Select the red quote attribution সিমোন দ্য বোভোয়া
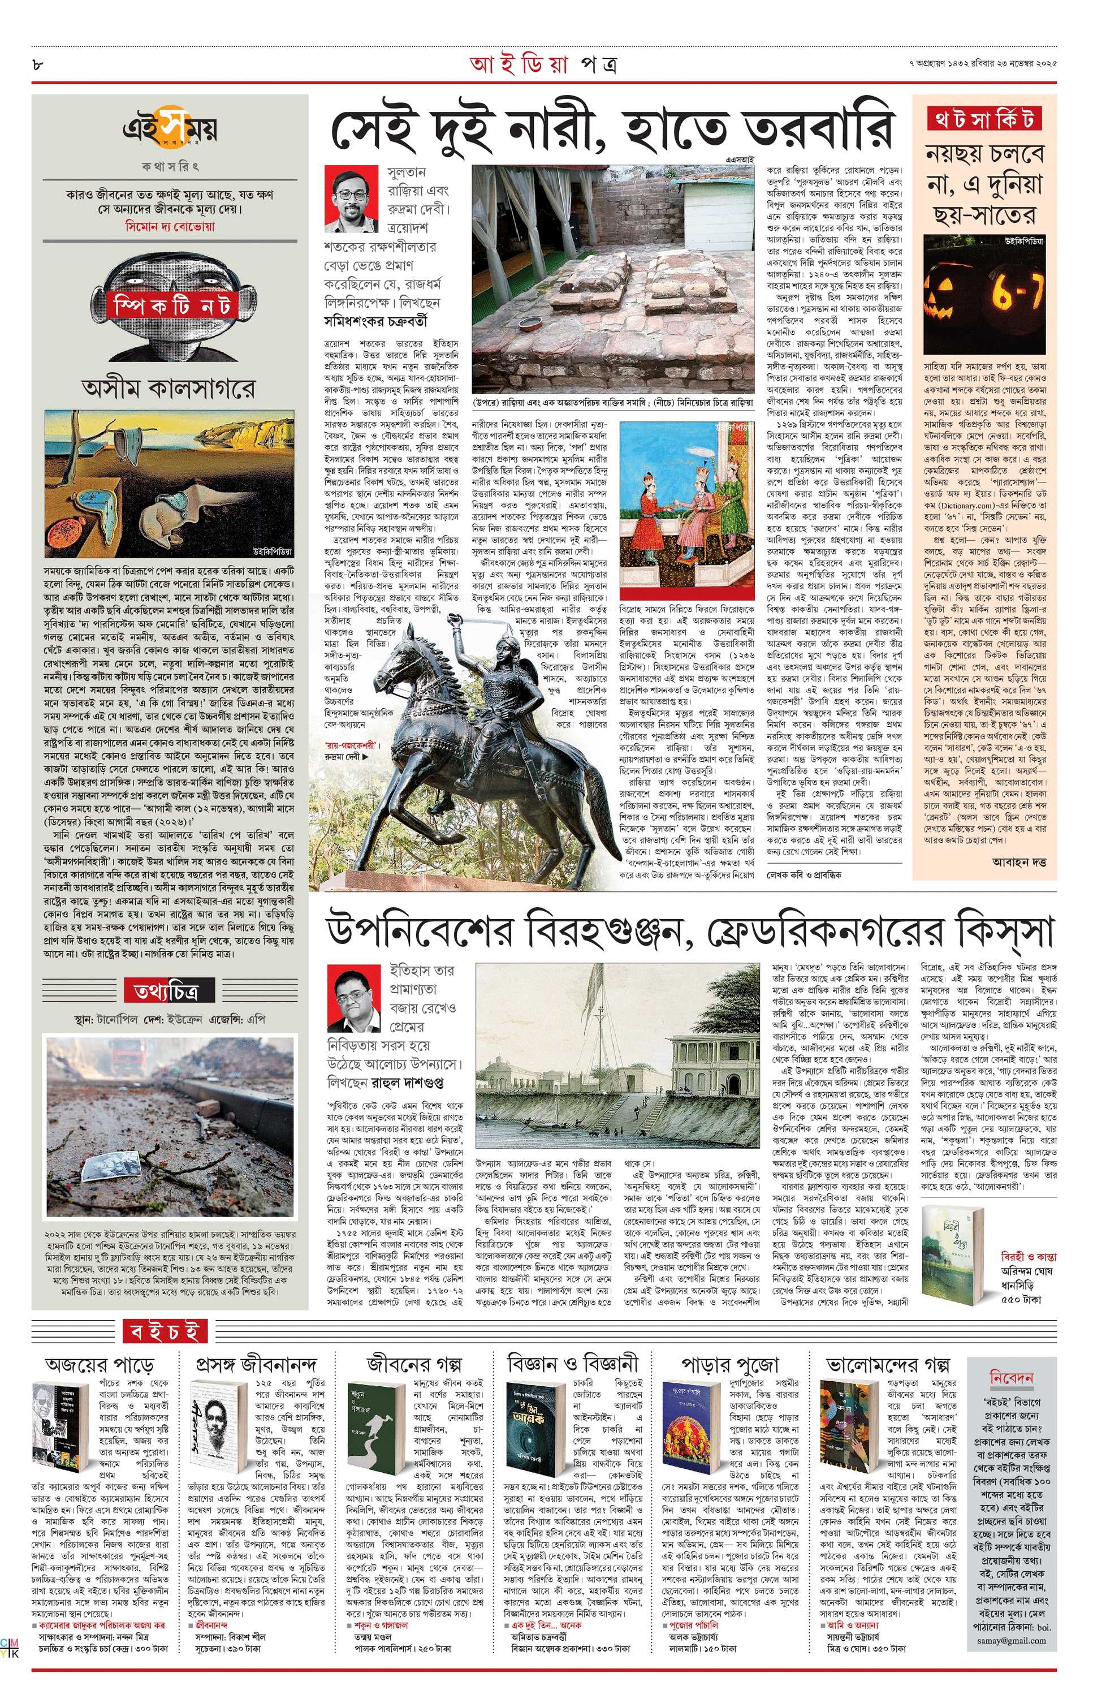(x=169, y=226)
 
